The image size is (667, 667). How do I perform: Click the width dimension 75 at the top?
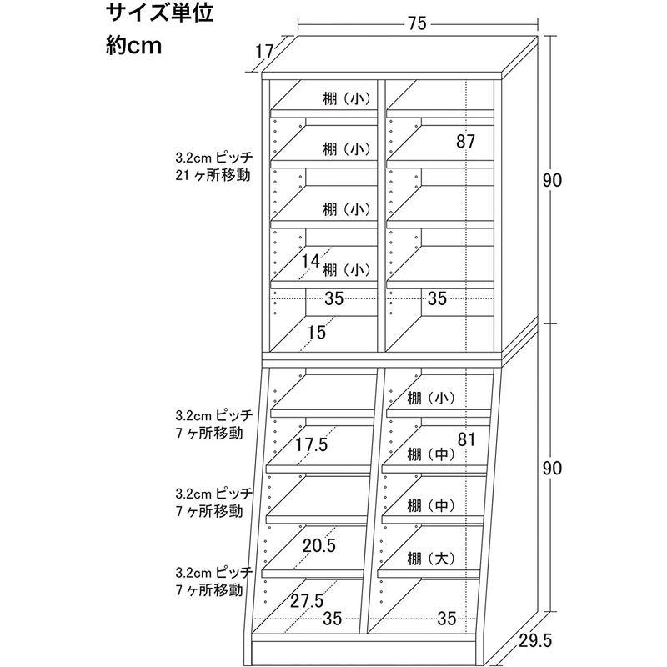click(x=417, y=23)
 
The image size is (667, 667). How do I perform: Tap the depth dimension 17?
click(x=264, y=52)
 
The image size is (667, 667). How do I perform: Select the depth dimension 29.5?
click(x=535, y=640)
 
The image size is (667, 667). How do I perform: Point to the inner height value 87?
click(x=465, y=141)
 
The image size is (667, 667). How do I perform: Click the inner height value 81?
click(x=466, y=439)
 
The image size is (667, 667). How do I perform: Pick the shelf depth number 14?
click(x=310, y=261)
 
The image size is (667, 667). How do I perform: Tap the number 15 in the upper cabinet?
click(x=316, y=332)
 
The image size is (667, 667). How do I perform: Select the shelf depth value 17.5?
click(x=312, y=445)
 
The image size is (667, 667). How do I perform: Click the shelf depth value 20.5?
click(x=319, y=545)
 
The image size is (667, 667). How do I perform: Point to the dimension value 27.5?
click(x=307, y=601)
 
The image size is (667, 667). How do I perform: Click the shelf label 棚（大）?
click(x=431, y=559)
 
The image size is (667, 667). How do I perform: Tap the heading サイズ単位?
click(x=159, y=13)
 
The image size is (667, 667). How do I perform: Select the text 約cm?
click(x=134, y=45)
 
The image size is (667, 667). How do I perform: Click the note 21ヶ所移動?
click(x=213, y=175)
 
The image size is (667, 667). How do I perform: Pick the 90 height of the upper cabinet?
click(x=552, y=181)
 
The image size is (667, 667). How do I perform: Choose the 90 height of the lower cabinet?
click(x=552, y=469)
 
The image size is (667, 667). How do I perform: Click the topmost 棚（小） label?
click(x=347, y=99)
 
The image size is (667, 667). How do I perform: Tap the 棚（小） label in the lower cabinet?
click(x=431, y=399)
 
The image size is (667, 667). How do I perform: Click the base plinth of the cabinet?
click(x=368, y=652)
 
